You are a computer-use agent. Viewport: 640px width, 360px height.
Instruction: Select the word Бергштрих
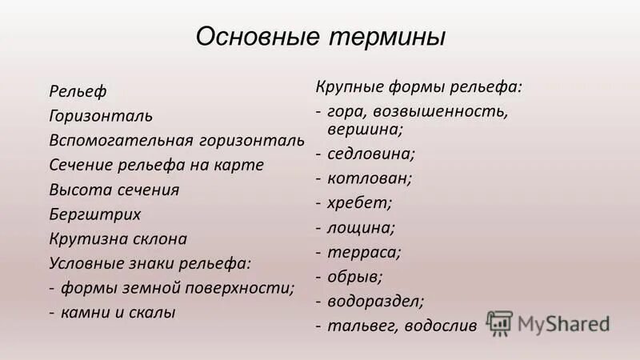(95, 214)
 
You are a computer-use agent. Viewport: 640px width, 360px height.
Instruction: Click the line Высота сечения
(114, 190)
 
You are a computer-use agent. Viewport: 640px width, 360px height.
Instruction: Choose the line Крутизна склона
(118, 238)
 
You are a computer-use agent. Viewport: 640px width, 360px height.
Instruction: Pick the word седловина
(365, 152)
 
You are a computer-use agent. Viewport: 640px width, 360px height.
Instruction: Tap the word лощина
(360, 227)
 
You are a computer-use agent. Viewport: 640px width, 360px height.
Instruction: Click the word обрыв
(354, 277)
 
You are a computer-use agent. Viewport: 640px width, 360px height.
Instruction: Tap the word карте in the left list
(241, 165)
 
